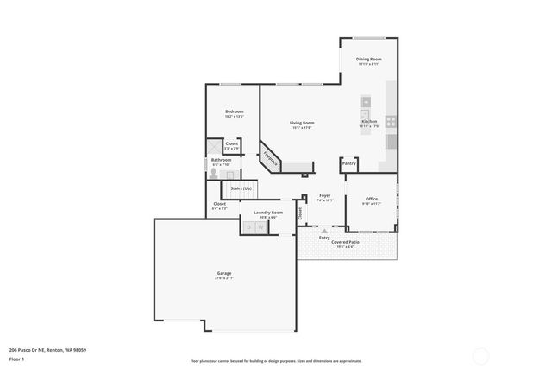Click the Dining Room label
tap(368, 59)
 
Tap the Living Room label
tap(301, 123)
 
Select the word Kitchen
tap(369, 122)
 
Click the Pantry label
tap(348, 162)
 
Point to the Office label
tap(371, 200)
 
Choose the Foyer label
tap(325, 195)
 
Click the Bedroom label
tap(234, 111)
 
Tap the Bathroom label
tap(222, 159)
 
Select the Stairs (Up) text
tap(241, 188)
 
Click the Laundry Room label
tap(267, 212)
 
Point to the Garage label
tap(224, 274)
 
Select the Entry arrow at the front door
tap(323, 232)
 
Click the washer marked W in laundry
tap(261, 226)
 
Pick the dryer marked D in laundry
tap(249, 226)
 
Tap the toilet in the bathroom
tap(213, 172)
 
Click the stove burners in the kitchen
tap(391, 122)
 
